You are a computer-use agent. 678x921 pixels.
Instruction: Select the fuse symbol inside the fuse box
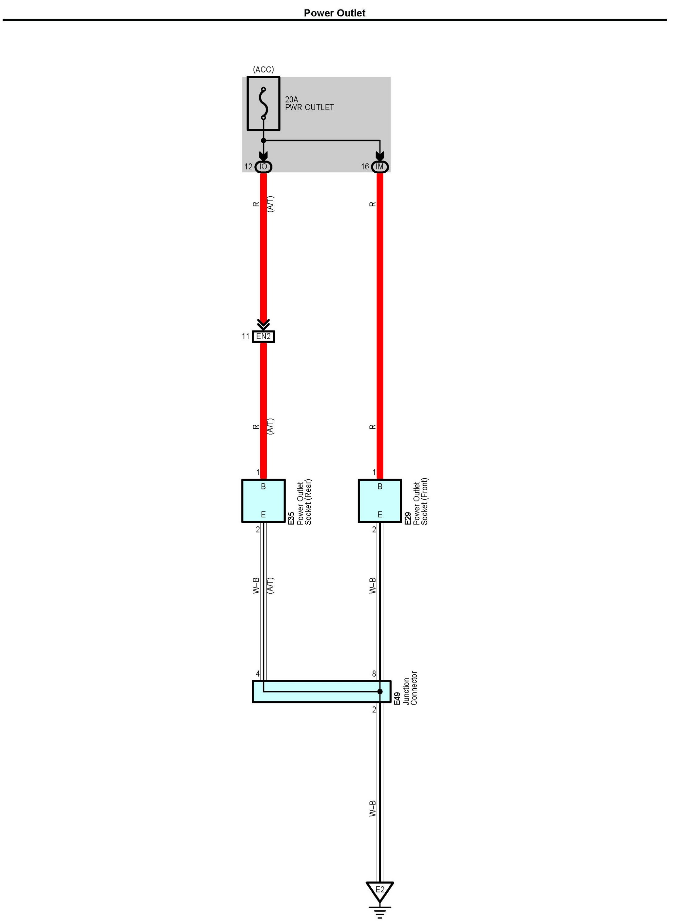click(264, 104)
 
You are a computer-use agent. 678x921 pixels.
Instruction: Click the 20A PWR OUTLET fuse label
click(309, 104)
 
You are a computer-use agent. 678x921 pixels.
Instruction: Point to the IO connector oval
click(264, 167)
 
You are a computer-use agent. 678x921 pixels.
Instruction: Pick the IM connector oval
click(380, 167)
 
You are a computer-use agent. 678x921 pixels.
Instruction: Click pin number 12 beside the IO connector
click(248, 167)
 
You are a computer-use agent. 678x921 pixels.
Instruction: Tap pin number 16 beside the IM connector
click(365, 167)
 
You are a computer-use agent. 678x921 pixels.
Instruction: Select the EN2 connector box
click(264, 337)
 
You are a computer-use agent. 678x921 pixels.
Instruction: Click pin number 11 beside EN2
click(245, 336)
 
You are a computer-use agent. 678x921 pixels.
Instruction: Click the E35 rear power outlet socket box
click(264, 501)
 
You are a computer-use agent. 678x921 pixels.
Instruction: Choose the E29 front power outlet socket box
click(380, 501)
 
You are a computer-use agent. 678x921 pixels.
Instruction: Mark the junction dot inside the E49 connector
click(380, 692)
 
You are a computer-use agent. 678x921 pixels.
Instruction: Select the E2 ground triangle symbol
click(380, 891)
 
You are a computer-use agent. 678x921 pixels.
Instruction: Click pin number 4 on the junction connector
click(258, 674)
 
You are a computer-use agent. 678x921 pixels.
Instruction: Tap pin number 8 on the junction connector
click(374, 674)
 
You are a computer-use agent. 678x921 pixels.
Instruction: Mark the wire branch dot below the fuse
click(264, 140)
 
